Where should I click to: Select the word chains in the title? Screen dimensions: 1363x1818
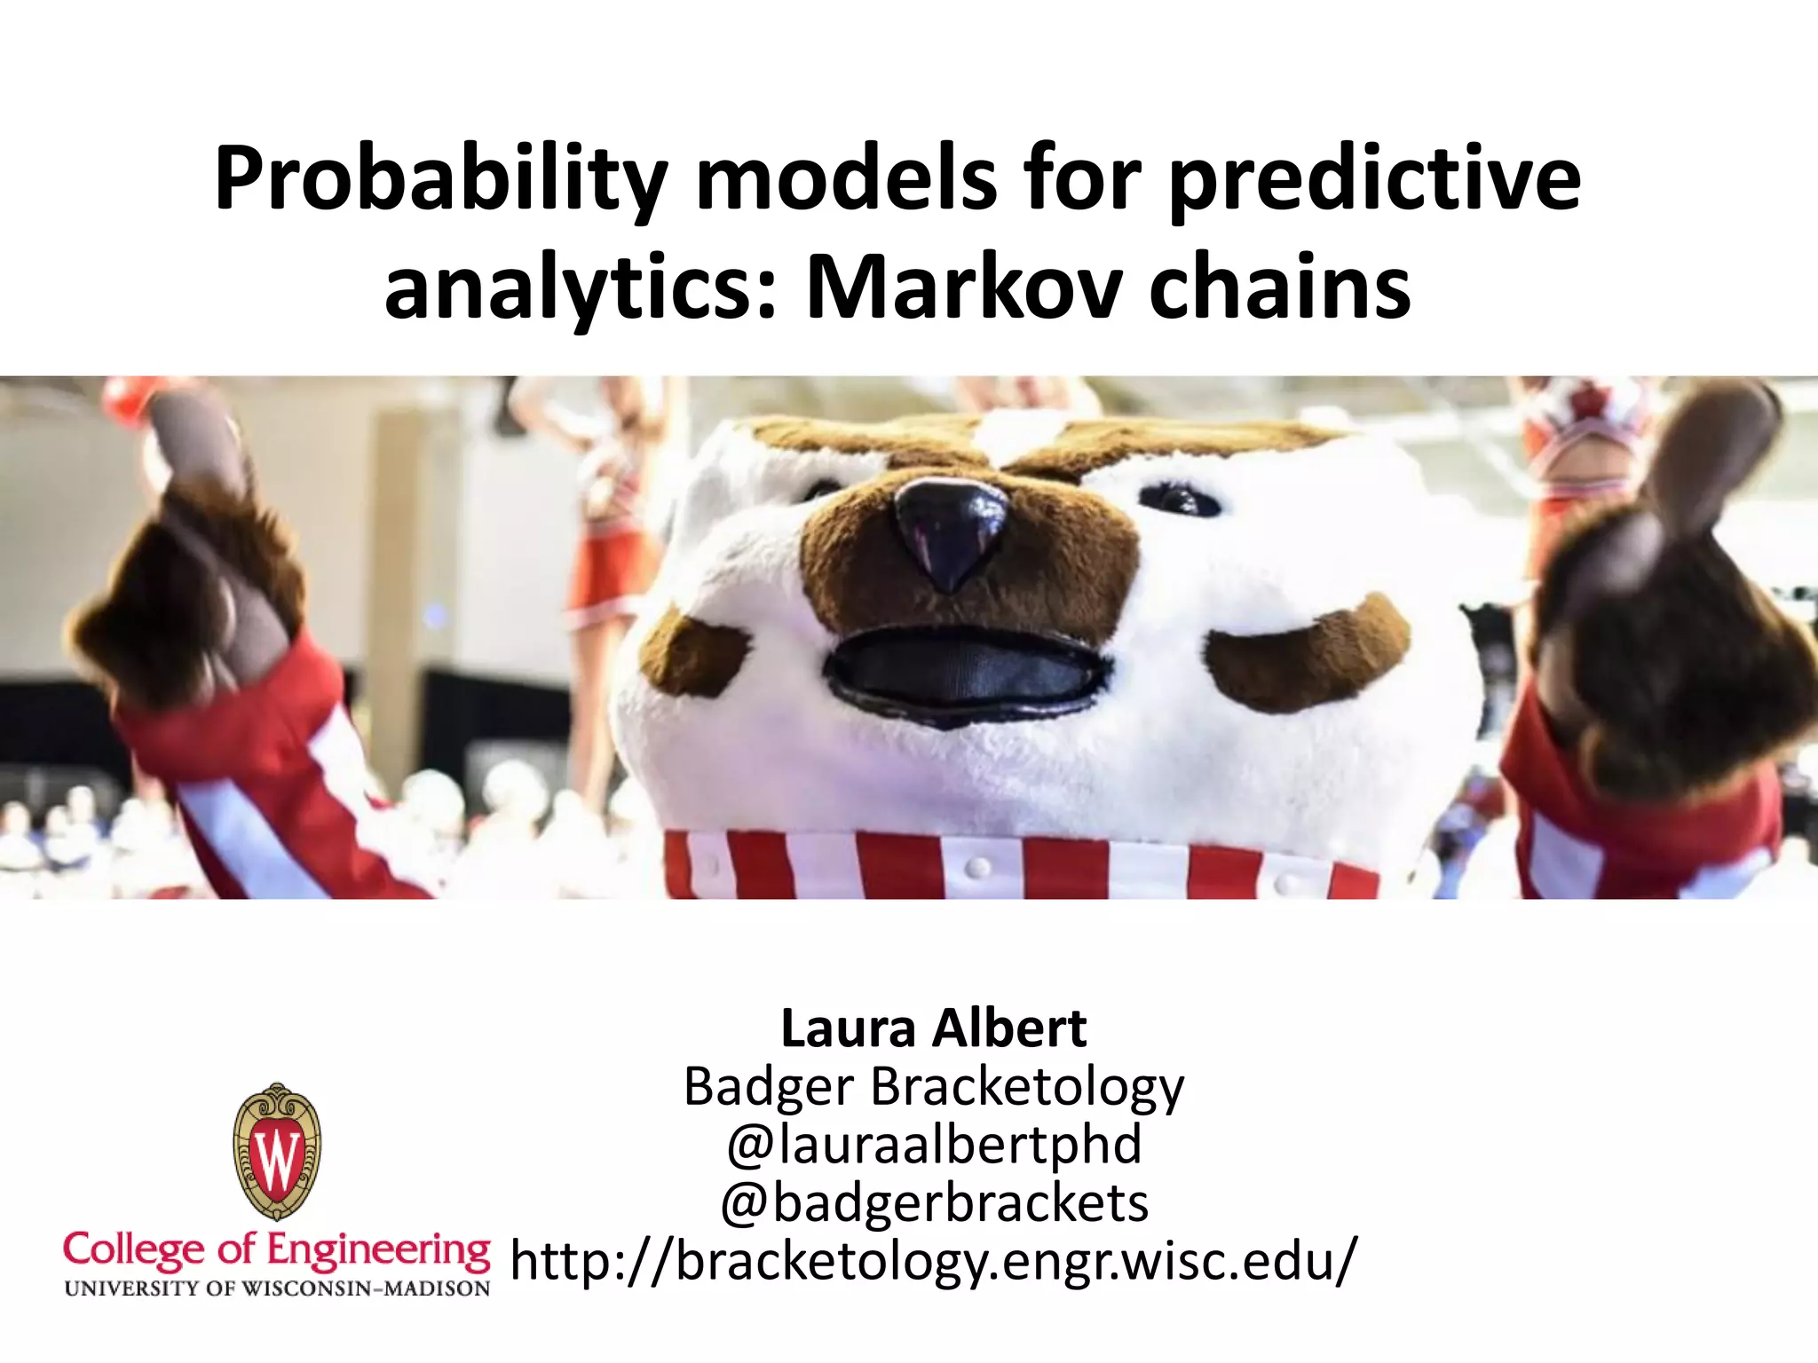tap(1279, 289)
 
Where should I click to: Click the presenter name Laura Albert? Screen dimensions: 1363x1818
tap(933, 1028)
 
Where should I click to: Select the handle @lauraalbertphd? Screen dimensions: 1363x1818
tap(933, 1145)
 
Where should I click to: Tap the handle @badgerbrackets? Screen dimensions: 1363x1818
tap(933, 1202)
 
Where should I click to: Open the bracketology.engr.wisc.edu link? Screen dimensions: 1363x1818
tap(933, 1260)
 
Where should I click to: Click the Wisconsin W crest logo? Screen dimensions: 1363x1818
tap(277, 1152)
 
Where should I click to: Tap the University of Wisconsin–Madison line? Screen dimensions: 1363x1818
tap(276, 1288)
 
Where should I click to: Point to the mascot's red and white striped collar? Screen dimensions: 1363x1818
tap(1021, 865)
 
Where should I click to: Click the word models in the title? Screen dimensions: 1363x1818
tap(847, 181)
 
